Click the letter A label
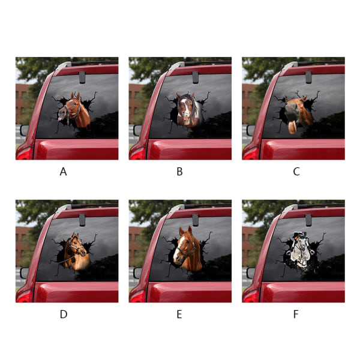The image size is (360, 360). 64,172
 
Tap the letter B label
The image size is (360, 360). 179,172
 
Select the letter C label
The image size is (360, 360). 296,172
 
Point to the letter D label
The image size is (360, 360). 64,314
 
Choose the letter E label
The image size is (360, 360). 179,314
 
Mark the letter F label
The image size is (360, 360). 296,314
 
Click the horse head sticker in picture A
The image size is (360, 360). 74,110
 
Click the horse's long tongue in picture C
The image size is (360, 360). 293,127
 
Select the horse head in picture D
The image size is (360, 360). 76,251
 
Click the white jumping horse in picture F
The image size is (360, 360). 301,251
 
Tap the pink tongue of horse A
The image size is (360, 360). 59,119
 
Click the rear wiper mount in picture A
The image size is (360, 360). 82,77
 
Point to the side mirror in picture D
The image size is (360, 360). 24,273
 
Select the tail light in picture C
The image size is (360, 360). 251,153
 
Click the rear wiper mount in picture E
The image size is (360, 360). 195,220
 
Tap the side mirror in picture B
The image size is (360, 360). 137,130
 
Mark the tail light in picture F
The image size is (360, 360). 251,296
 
